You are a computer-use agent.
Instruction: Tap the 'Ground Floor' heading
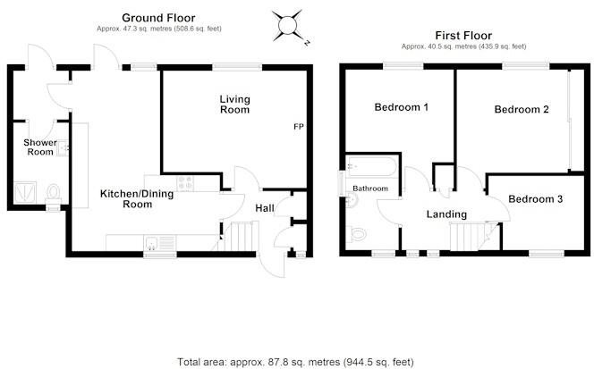[158, 17]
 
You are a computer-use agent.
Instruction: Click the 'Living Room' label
[235, 103]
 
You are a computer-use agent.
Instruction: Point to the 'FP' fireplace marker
[298, 127]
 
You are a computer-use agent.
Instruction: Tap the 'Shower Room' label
[39, 147]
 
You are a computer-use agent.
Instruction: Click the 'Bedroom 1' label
[401, 108]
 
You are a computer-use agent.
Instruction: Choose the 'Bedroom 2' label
[522, 109]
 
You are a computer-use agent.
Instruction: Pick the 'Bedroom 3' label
[535, 198]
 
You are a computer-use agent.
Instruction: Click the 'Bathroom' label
[369, 189]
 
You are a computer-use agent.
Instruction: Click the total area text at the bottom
[296, 362]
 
